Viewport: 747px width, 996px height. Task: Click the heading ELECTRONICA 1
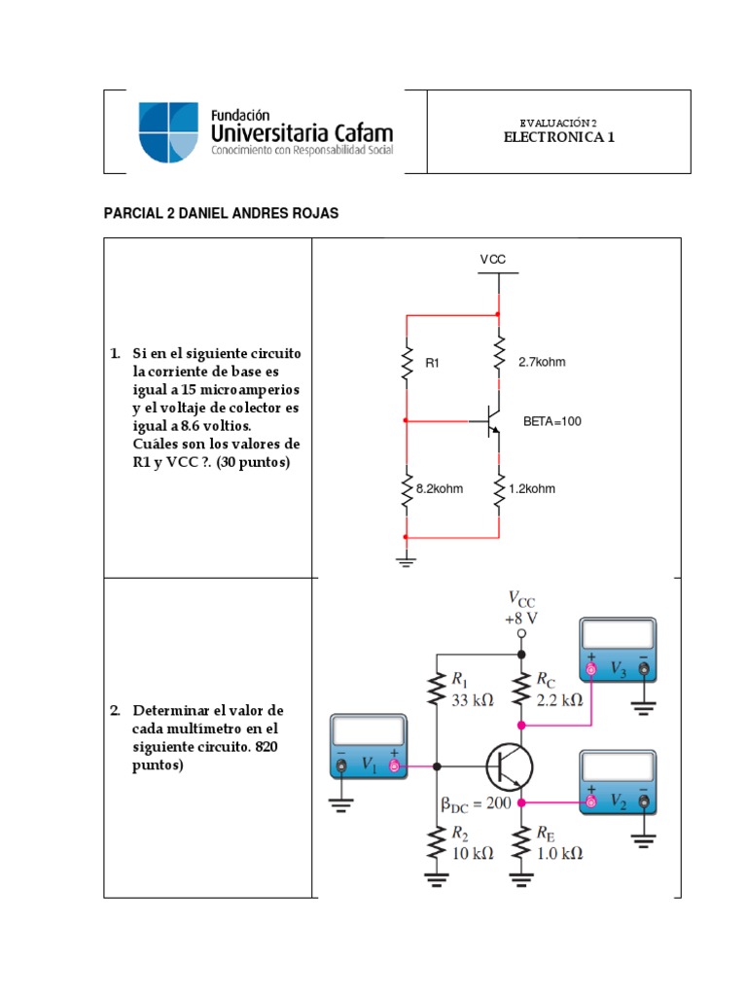click(558, 137)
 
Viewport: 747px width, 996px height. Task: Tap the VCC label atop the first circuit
click(493, 260)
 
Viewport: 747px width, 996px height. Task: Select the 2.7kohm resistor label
click(542, 362)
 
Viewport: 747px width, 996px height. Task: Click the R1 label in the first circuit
click(434, 363)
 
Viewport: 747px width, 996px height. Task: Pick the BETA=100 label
click(551, 422)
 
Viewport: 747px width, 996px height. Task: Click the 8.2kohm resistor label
click(440, 489)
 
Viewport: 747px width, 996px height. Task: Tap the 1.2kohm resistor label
click(532, 489)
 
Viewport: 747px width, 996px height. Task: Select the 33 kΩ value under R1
click(471, 697)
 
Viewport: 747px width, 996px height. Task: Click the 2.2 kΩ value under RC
click(559, 697)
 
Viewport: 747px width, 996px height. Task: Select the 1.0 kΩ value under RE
click(559, 852)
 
